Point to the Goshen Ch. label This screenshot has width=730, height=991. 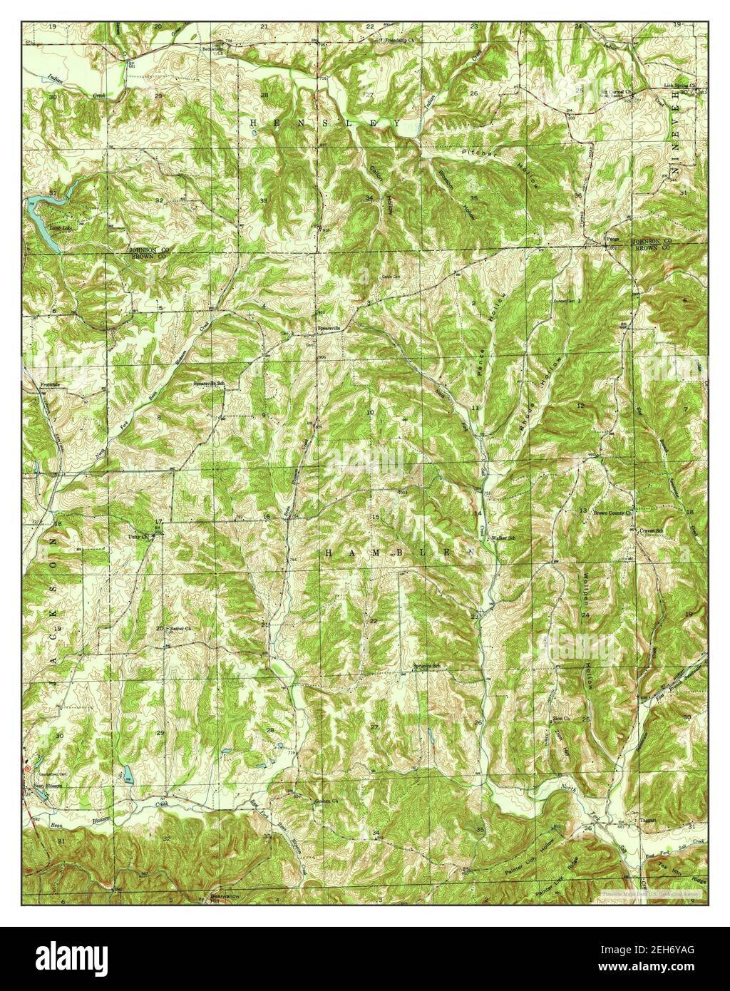(x=325, y=800)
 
